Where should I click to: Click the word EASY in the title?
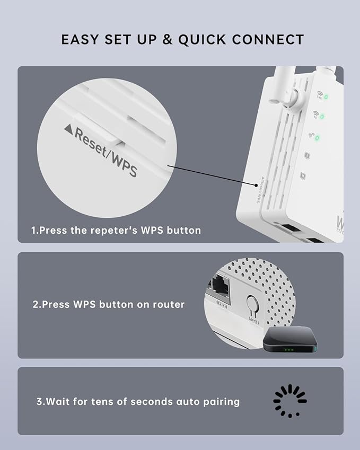[80, 40]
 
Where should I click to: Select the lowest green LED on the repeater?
[318, 138]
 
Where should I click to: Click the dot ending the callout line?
[255, 183]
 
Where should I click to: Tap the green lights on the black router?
[288, 350]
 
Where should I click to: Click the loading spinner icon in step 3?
[290, 401]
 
